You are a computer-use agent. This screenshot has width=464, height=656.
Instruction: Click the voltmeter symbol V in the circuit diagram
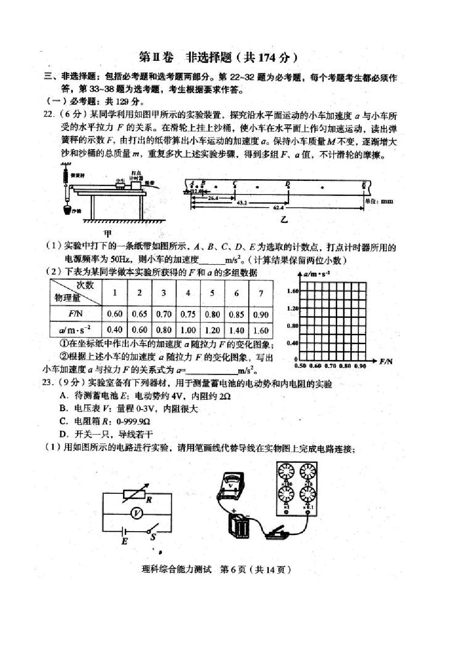tap(136, 513)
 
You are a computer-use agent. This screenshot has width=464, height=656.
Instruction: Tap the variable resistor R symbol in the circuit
tap(136, 494)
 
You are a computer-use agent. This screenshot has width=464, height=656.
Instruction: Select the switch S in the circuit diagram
tap(151, 531)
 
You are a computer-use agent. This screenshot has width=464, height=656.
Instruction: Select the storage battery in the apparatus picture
tap(239, 525)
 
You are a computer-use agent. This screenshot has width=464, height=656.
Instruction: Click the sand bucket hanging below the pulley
tap(68, 209)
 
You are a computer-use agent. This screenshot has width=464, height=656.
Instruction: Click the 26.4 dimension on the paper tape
tap(213, 198)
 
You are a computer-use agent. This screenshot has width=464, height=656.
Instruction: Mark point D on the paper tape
tap(288, 184)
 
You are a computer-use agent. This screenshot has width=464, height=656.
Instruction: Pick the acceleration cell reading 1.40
tap(236, 330)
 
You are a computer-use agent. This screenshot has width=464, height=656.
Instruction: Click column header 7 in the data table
tap(261, 293)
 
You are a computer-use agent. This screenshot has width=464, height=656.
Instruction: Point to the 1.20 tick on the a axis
tap(292, 309)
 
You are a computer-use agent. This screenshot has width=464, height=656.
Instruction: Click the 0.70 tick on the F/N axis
tap(330, 366)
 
